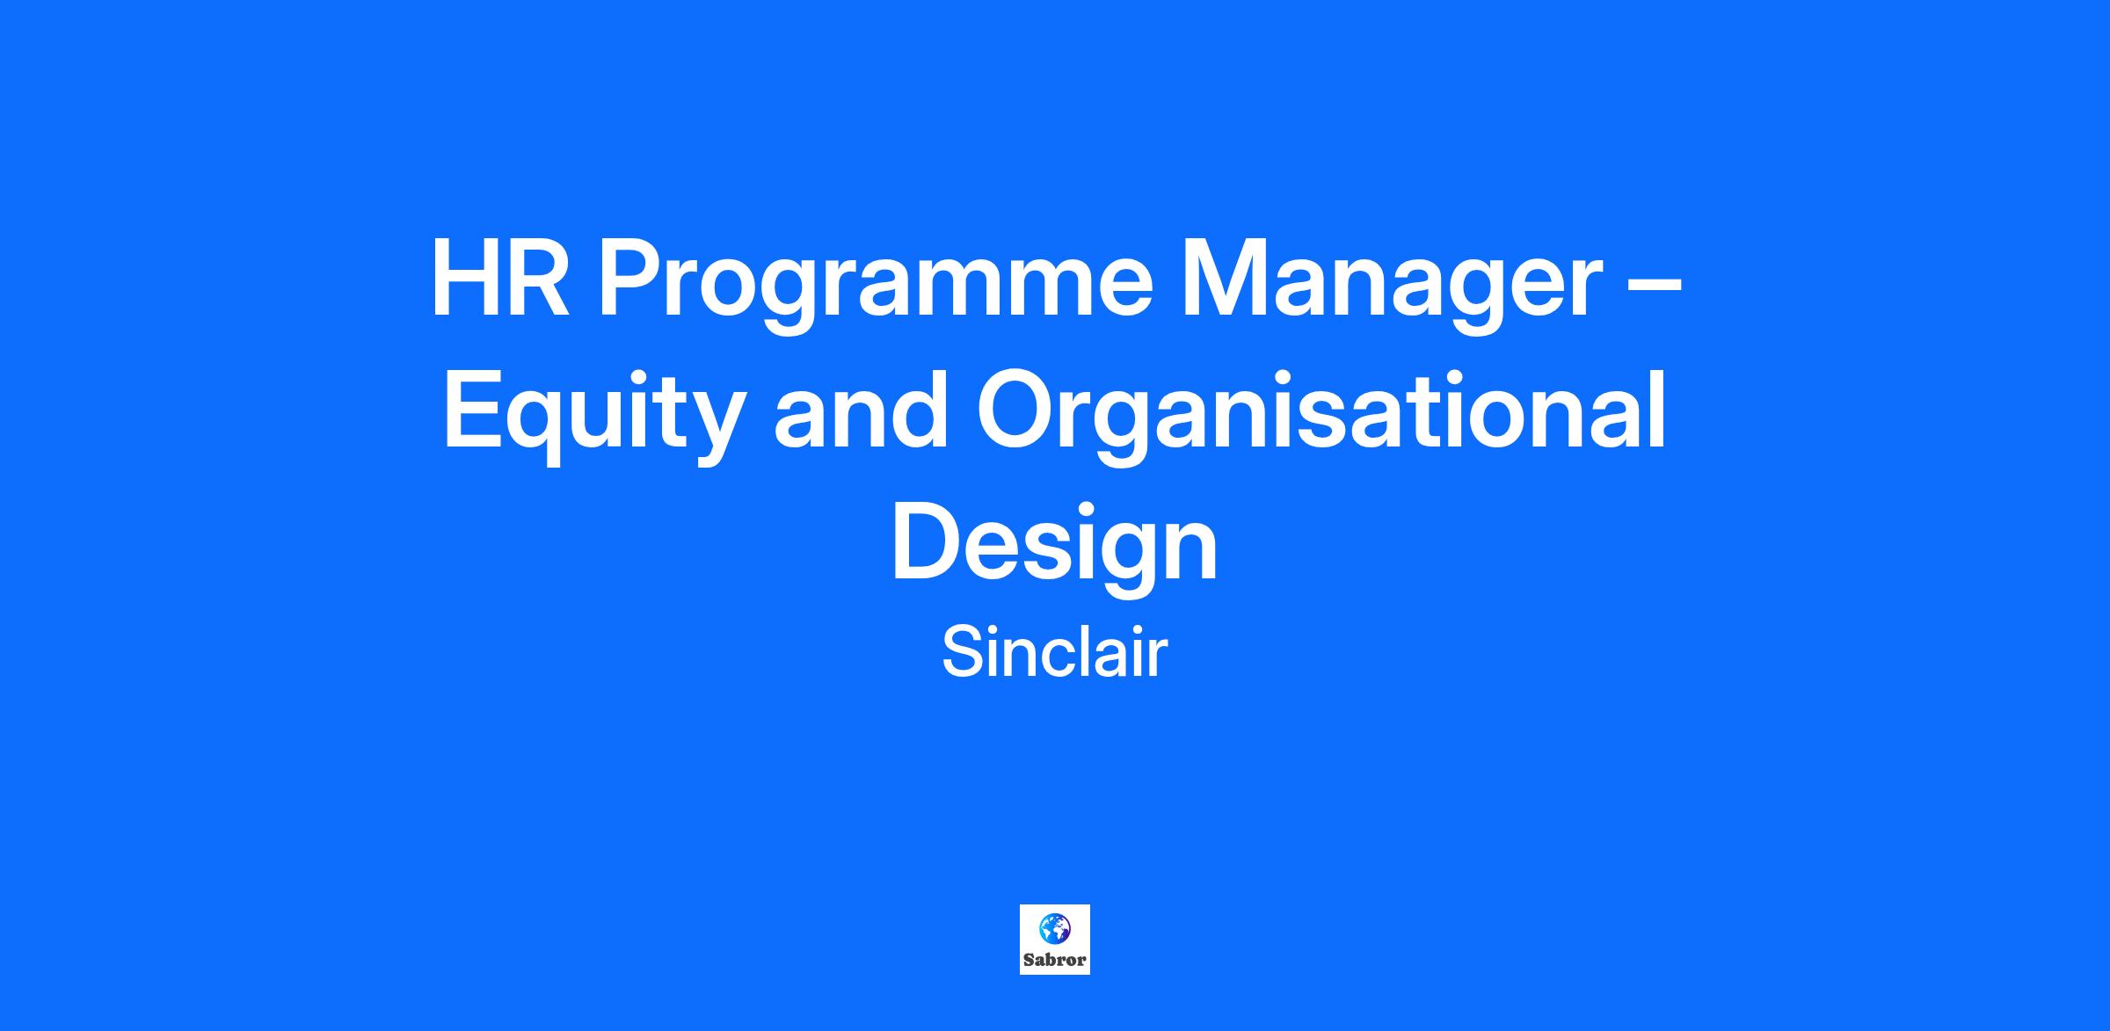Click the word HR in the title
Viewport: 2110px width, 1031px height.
pyautogui.click(x=499, y=279)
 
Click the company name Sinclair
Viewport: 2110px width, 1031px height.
pyautogui.click(x=1054, y=652)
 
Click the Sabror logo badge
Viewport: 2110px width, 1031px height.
pyautogui.click(x=1054, y=940)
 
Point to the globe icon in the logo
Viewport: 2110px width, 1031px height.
pyautogui.click(x=1054, y=928)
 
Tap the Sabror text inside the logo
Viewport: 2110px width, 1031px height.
pyautogui.click(x=1054, y=960)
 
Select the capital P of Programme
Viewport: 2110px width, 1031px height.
pyautogui.click(x=629, y=279)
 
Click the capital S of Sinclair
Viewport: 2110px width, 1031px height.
pyautogui.click(x=961, y=652)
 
